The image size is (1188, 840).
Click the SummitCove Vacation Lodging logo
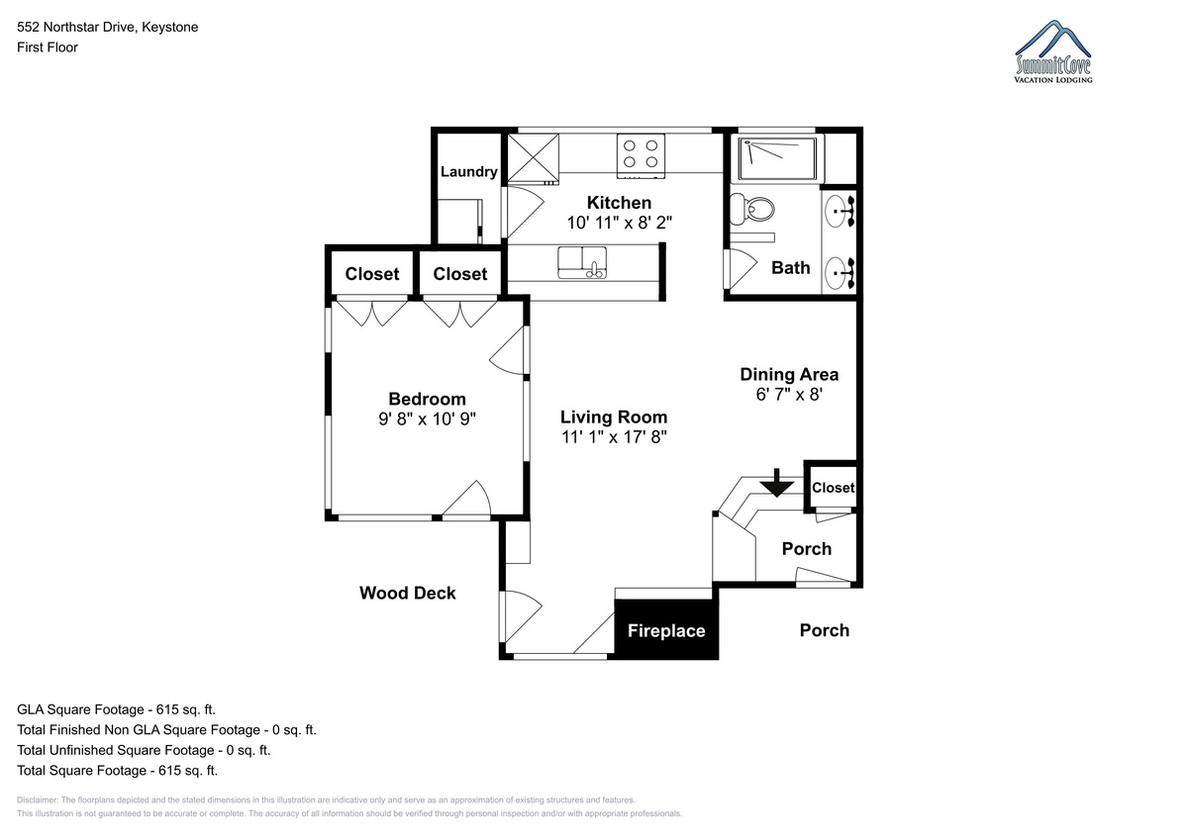click(1053, 51)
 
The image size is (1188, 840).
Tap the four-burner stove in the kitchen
click(641, 155)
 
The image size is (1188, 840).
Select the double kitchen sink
click(582, 262)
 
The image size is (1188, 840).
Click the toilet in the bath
click(751, 210)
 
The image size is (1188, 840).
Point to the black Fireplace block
click(666, 629)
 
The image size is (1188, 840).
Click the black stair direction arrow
click(776, 483)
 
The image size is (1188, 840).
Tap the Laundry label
click(469, 172)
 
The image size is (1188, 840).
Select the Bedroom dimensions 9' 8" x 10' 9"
click(427, 420)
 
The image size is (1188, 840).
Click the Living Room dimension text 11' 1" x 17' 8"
click(614, 437)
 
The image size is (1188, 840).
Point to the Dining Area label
click(789, 374)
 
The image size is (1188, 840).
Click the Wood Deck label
click(407, 593)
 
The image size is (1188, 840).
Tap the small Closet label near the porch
click(833, 488)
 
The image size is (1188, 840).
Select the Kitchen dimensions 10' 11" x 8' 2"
click(619, 223)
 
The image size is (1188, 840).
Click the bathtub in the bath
click(777, 158)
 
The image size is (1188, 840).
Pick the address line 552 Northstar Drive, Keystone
click(108, 27)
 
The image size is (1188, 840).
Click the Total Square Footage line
click(117, 770)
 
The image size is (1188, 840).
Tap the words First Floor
click(48, 47)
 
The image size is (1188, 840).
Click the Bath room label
click(790, 268)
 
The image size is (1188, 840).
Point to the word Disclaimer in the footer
click(38, 799)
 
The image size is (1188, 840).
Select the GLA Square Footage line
click(116, 709)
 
